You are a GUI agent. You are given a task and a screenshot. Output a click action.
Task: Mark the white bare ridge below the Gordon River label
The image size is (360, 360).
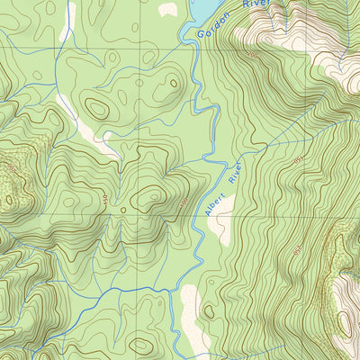click(x=270, y=36)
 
